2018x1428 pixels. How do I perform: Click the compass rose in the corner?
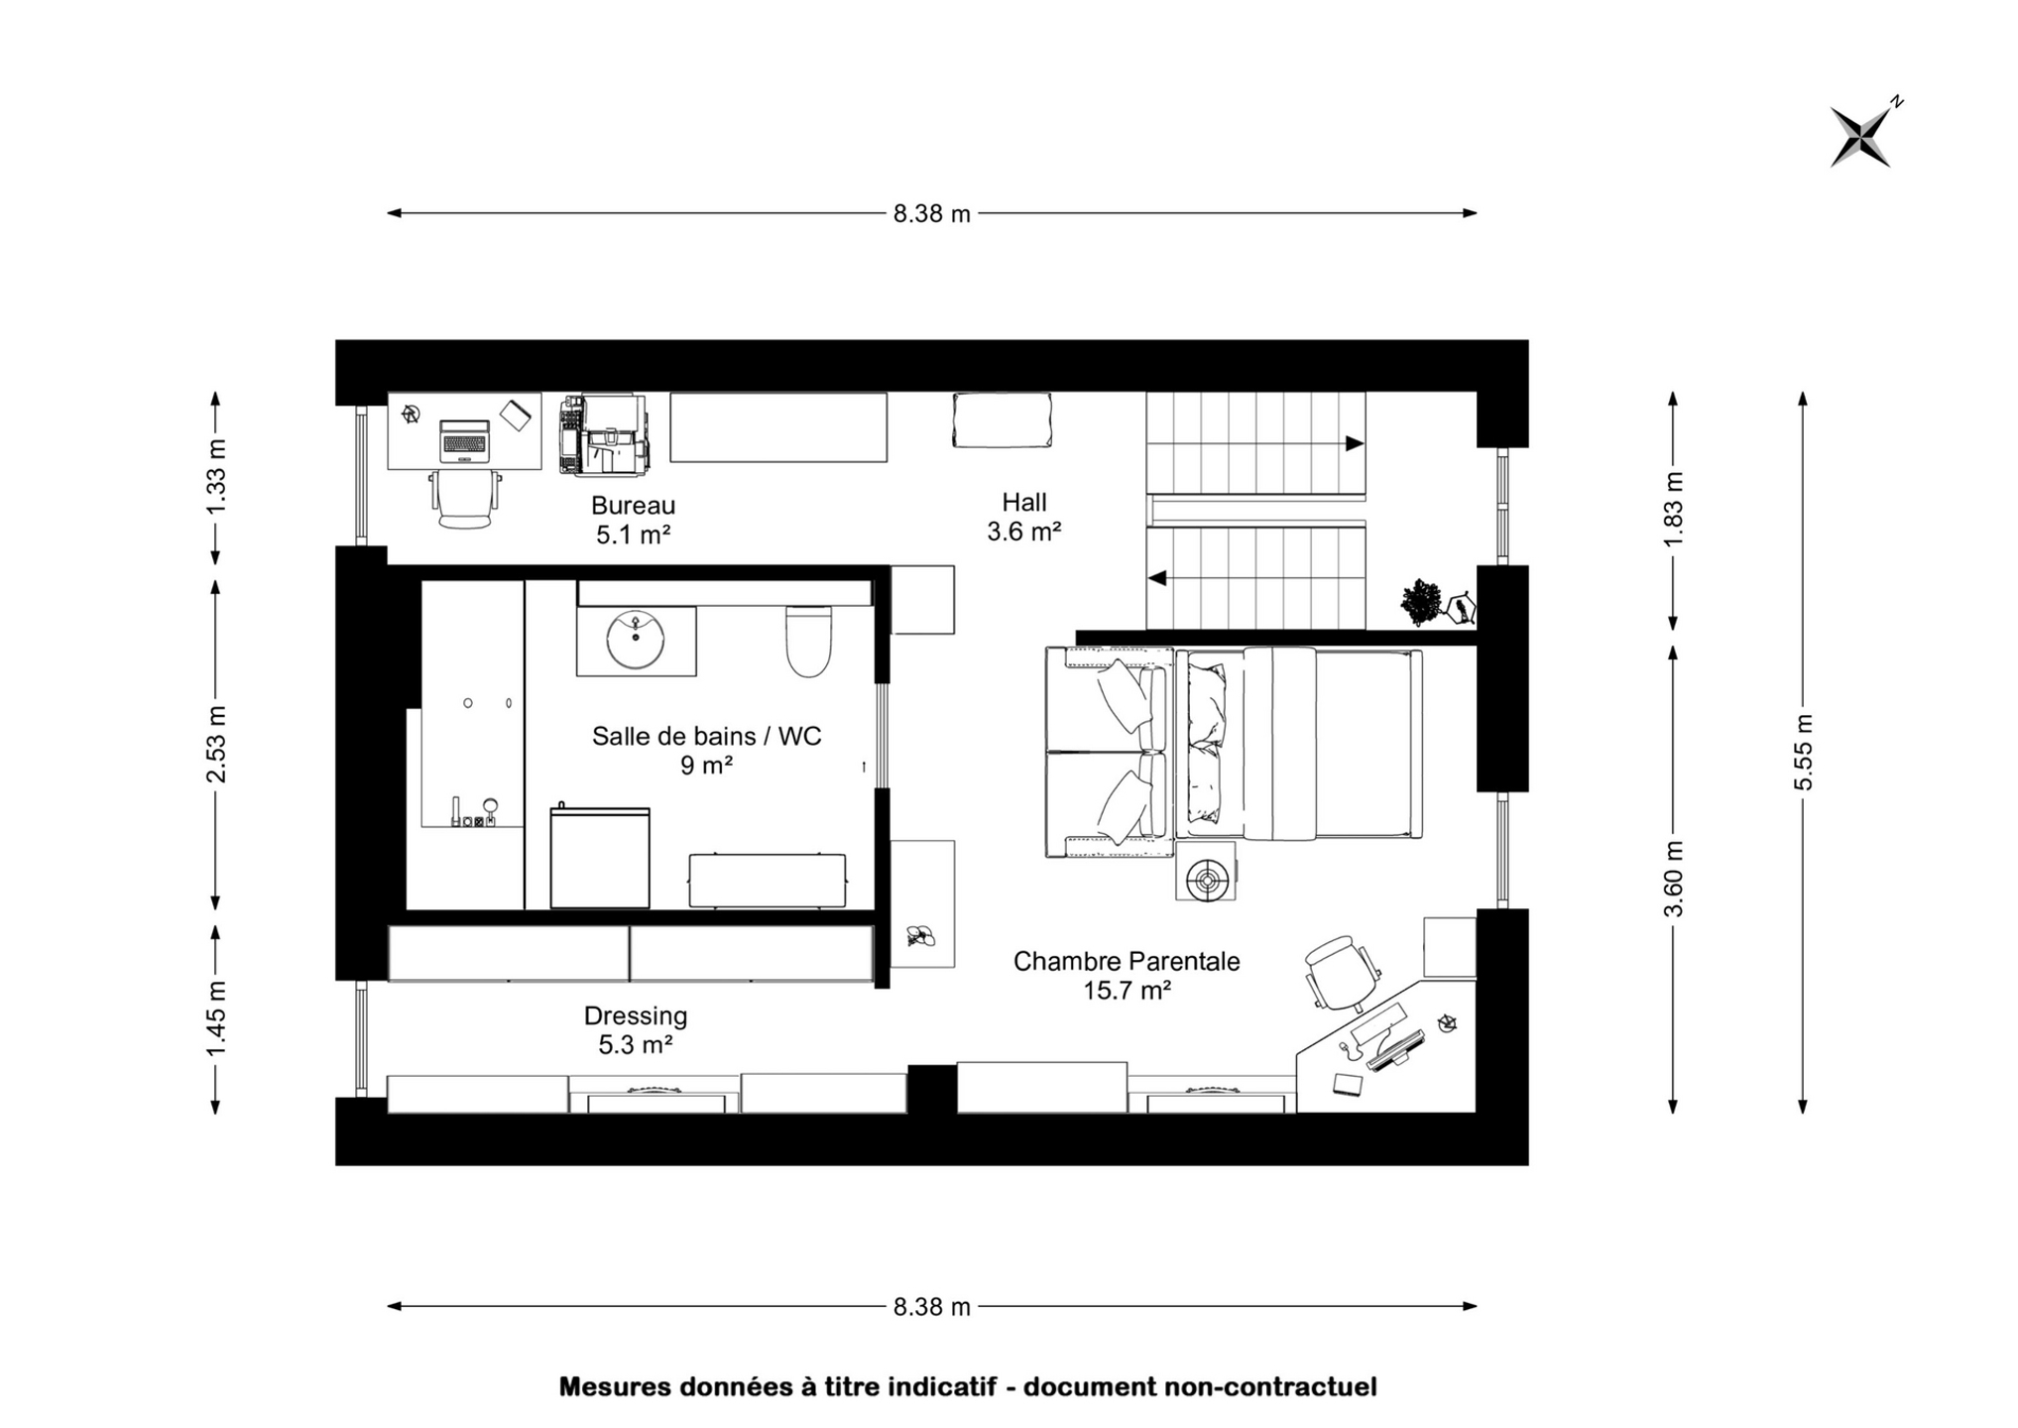1861,136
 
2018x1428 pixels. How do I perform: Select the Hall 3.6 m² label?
1024,517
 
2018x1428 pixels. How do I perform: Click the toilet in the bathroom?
808,641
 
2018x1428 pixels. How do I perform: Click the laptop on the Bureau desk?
464,441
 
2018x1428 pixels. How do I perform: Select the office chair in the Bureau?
465,499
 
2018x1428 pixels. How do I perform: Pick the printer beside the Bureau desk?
604,435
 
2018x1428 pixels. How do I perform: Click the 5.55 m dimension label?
1803,753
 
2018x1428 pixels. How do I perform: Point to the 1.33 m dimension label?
215,476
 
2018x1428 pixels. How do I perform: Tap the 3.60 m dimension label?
1673,879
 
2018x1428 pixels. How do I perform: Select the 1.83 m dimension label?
1673,510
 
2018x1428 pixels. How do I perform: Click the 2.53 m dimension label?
215,744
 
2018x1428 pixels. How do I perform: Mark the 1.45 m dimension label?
215,1018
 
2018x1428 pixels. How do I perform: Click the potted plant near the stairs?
1422,601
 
